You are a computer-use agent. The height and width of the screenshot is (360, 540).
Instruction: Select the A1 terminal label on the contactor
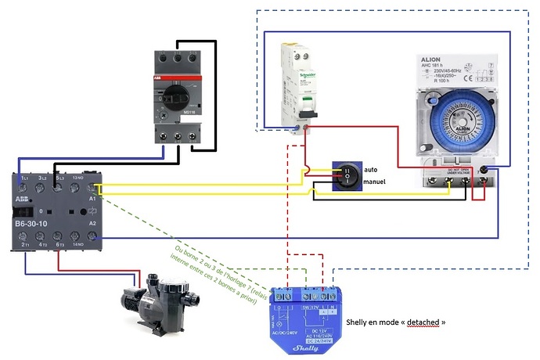tap(93, 200)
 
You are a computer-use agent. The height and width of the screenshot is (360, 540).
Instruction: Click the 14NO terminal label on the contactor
tap(77, 245)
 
